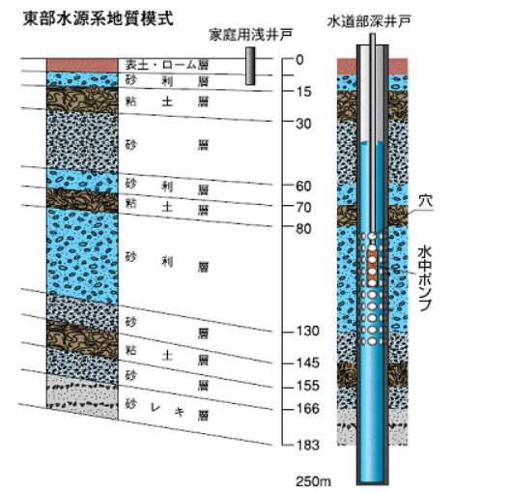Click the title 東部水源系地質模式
pos(99,18)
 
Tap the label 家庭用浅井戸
pos(250,35)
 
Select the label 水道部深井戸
pos(369,21)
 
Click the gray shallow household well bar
pos(250,66)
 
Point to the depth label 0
pos(299,60)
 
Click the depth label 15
pos(303,92)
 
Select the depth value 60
pos(303,187)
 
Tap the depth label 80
pos(303,229)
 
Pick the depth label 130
pos(307,332)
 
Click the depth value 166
pos(307,409)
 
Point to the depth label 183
pos(307,445)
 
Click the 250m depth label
pos(313,481)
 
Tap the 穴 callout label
pos(426,201)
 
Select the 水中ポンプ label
pos(425,278)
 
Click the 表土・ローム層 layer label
pos(167,65)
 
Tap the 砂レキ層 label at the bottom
pos(167,410)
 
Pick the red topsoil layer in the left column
pos(82,65)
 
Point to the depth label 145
pos(307,362)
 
